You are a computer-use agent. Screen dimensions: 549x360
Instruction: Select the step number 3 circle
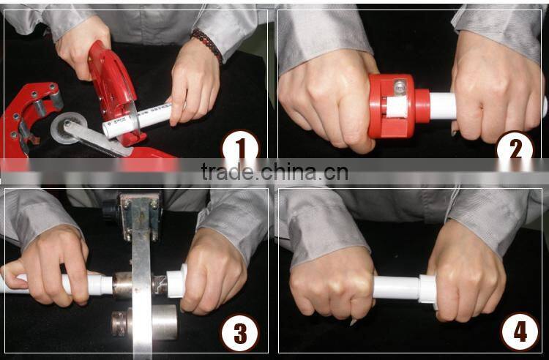point(240,333)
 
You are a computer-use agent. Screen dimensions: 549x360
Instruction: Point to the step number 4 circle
point(520,331)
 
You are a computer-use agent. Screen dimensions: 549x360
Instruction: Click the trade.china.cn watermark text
point(274,171)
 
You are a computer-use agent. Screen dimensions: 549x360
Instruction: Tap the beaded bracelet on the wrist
point(206,44)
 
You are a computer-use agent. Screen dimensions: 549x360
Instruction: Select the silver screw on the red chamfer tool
point(400,87)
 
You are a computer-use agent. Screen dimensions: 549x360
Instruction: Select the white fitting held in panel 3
point(177,280)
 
